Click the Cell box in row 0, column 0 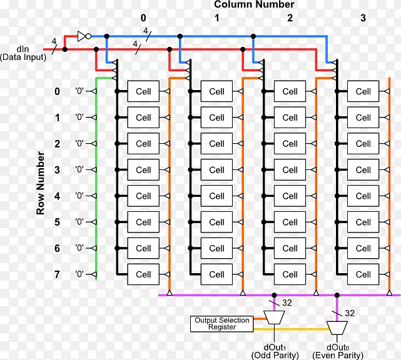click(143, 91)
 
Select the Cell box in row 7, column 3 click(363, 274)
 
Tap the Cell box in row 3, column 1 click(216, 170)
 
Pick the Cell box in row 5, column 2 click(290, 222)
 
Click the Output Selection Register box click(221, 324)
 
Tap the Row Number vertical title click(40, 182)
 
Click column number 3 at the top click(363, 18)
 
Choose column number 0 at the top click(143, 18)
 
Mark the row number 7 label click(57, 274)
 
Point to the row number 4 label click(57, 196)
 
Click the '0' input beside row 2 click(79, 144)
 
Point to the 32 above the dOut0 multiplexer click(350, 312)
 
